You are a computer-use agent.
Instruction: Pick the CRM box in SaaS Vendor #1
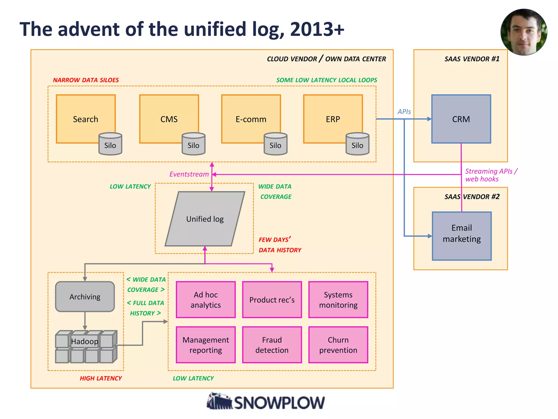(461, 119)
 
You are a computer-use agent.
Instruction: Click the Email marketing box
(462, 236)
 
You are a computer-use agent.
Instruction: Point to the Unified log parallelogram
(205, 219)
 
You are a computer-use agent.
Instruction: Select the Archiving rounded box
(85, 297)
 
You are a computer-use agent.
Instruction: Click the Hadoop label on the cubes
(84, 342)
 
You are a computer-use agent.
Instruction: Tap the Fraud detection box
(272, 345)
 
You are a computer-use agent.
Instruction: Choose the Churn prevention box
(338, 345)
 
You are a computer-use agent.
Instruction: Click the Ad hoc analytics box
(206, 300)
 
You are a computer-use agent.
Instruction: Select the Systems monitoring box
(338, 300)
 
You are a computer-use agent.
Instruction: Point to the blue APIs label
(404, 112)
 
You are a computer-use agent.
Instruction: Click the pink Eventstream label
(189, 174)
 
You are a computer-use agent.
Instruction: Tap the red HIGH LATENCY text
(101, 378)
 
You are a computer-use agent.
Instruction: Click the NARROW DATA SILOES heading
(86, 80)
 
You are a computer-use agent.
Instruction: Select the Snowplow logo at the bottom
(266, 402)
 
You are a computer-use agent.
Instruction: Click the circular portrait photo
(524, 32)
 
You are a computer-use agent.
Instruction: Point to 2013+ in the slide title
(317, 29)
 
